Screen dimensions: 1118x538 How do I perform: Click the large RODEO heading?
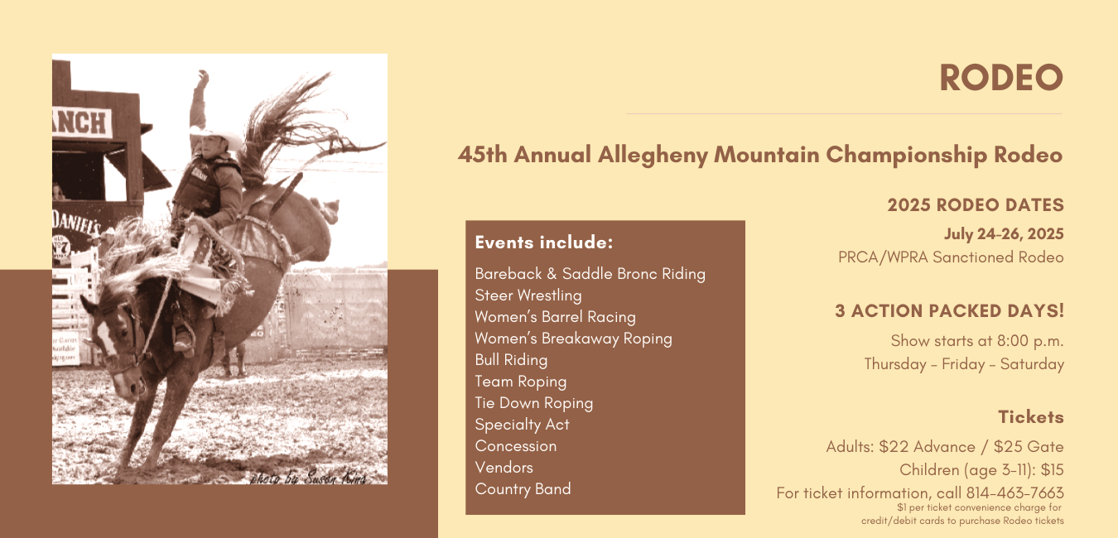1001,78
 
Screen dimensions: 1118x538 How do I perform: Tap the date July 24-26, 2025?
1004,234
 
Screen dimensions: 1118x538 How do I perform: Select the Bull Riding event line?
511,360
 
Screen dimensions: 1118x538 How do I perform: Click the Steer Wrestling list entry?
528,295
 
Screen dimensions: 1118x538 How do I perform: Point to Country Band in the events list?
523,489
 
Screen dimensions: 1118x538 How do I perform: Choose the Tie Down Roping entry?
533,403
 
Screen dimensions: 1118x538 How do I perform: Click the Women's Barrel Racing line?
555,317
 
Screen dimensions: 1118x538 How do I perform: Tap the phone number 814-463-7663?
1014,493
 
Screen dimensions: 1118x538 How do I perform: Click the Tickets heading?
1031,417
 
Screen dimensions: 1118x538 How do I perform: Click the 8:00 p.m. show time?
1030,341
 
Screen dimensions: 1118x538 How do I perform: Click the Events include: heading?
543,243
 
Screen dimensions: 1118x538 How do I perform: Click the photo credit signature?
308,478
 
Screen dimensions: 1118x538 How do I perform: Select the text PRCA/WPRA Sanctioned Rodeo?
951,257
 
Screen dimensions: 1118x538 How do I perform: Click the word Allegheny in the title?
653,155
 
